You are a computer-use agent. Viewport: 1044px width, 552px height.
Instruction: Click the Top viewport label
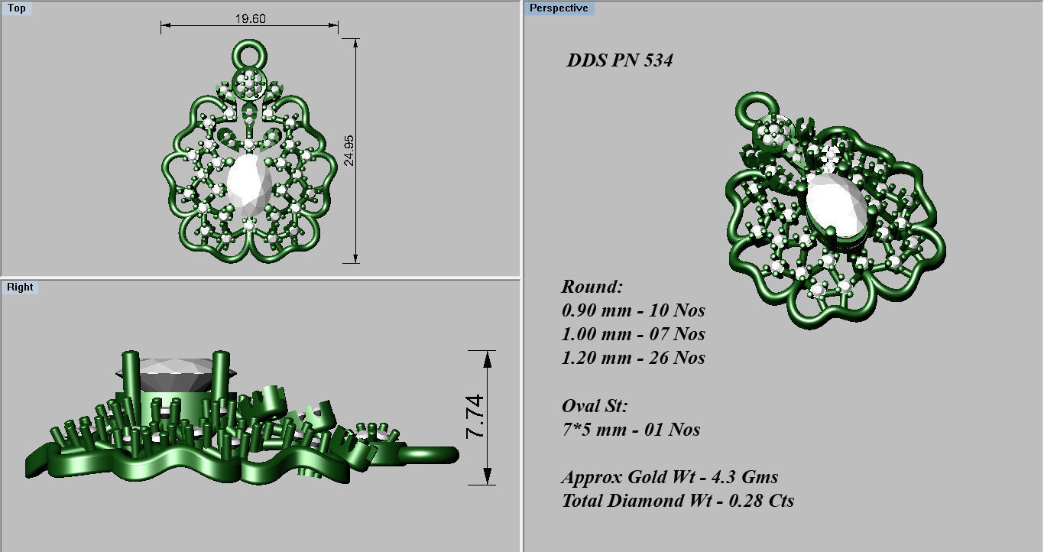point(16,8)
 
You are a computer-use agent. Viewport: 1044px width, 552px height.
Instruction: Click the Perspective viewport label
point(559,8)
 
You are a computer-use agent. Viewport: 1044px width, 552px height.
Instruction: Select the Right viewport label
point(20,287)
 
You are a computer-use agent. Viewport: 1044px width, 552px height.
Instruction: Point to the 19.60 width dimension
point(250,18)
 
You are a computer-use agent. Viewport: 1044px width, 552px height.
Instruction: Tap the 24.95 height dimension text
point(349,151)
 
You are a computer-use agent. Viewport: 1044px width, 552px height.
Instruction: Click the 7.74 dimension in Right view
point(475,417)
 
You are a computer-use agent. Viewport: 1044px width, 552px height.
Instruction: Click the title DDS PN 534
point(619,60)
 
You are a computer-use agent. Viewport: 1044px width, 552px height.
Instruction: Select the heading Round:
point(592,287)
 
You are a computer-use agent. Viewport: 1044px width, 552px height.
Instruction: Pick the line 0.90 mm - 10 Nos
point(633,310)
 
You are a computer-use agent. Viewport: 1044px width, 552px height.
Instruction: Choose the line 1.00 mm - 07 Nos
point(633,334)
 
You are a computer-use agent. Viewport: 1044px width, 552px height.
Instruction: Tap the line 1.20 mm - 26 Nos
point(633,358)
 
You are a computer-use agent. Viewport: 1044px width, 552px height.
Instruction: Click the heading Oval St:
point(594,406)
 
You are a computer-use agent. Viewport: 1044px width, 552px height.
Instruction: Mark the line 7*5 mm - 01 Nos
point(631,430)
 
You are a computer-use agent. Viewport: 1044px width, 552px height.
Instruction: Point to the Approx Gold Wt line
point(670,477)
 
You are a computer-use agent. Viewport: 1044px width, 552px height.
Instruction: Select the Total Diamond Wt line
point(677,501)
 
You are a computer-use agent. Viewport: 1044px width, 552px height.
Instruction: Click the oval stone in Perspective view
point(836,205)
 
